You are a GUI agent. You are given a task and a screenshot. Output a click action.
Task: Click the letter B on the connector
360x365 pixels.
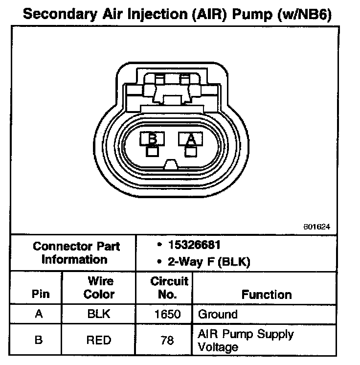[x=153, y=139]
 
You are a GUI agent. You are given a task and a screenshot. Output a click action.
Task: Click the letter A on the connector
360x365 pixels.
[x=191, y=139]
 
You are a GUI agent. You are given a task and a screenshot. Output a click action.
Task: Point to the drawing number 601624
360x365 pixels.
[x=317, y=227]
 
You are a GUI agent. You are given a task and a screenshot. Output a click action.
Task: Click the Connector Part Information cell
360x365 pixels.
[x=76, y=253]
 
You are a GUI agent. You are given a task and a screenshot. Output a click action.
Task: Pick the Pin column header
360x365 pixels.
[x=41, y=295]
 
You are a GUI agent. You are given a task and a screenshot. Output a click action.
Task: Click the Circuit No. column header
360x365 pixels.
[x=169, y=288]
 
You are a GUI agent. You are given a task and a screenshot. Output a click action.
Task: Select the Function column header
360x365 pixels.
[x=267, y=295]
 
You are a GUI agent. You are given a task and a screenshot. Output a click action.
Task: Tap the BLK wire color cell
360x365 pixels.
[x=99, y=314]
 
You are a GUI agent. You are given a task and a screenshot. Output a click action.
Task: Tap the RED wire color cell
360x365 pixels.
[x=99, y=340]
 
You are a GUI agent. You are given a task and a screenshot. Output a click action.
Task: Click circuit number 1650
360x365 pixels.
[x=168, y=314]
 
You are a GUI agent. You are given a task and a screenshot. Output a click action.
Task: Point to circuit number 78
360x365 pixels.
[x=168, y=340]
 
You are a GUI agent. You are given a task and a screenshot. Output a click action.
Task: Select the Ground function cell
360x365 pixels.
[x=218, y=314]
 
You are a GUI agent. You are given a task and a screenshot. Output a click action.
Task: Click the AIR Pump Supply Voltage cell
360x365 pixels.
[x=246, y=341]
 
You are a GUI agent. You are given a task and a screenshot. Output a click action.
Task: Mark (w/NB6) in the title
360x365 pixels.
[x=303, y=14]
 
